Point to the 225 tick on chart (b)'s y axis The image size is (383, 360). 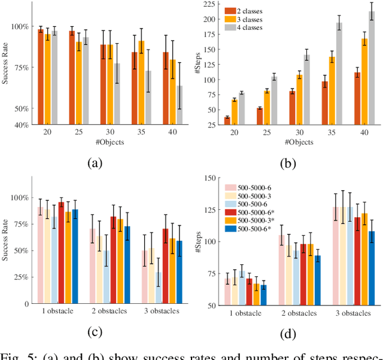click(x=209, y=5)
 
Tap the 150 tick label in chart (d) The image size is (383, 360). click(x=209, y=178)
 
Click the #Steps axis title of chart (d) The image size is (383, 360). click(x=202, y=241)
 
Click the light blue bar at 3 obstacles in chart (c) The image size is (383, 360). click(x=158, y=288)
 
